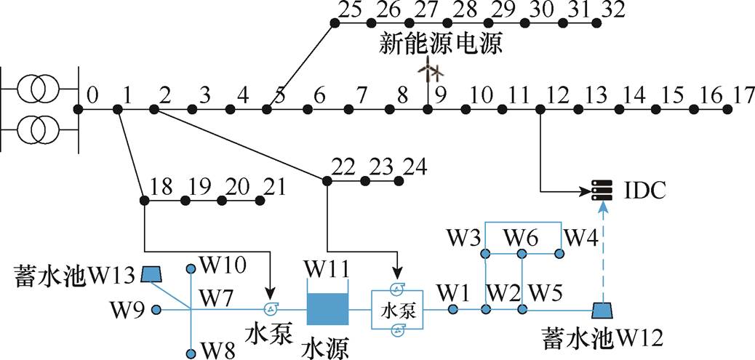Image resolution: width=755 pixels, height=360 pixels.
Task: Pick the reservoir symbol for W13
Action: click(151, 273)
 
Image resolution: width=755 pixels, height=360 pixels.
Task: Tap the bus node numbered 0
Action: click(79, 109)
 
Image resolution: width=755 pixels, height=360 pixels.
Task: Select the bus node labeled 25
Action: click(335, 23)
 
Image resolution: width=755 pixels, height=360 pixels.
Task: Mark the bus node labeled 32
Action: click(598, 23)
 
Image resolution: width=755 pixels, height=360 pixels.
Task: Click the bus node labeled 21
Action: click(259, 199)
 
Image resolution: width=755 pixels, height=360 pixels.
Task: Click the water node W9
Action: click(156, 309)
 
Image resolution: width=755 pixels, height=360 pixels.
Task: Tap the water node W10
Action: click(191, 268)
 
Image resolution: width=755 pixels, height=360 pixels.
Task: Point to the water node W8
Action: click(191, 353)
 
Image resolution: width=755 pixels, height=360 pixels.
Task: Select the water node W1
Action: click(452, 309)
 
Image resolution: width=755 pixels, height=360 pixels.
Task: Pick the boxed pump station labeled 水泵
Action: click(398, 310)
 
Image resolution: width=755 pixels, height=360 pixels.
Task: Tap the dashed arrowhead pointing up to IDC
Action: click(602, 208)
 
